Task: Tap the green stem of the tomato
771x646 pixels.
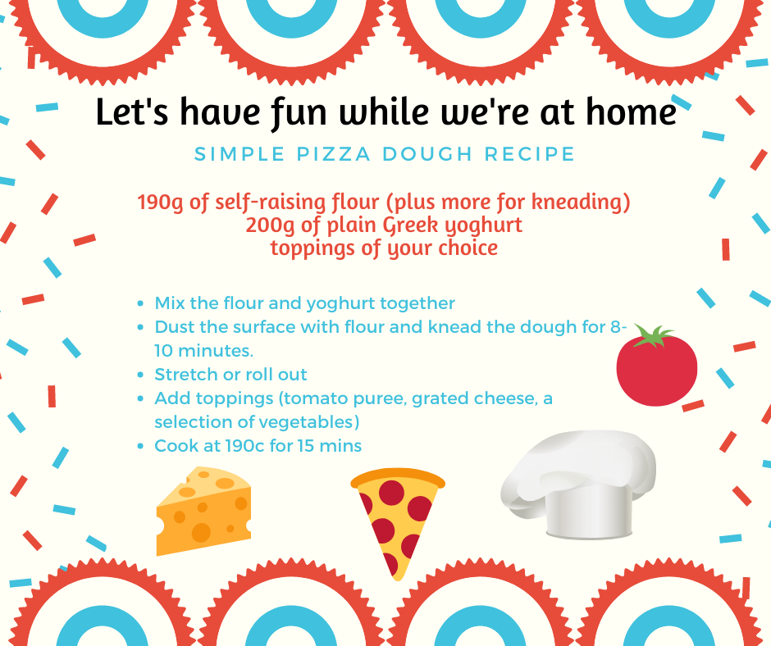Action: click(653, 336)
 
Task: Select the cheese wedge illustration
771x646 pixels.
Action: click(203, 512)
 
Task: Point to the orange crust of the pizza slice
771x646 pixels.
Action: click(398, 478)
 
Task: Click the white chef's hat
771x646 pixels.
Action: click(578, 484)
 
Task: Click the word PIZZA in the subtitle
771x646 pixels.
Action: click(334, 154)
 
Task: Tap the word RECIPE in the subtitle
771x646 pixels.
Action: click(530, 154)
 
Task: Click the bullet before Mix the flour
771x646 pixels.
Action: click(141, 304)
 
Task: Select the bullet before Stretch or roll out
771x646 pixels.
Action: click(141, 375)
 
